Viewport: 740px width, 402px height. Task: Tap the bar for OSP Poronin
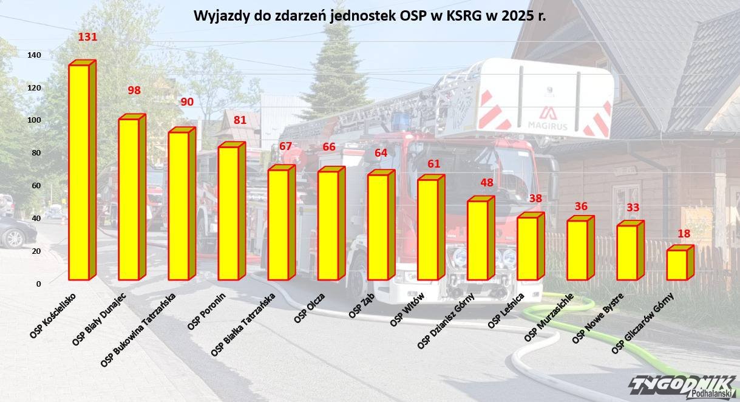tap(229, 213)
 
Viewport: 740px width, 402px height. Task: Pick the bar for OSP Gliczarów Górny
tap(677, 265)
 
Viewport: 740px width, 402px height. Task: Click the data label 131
tap(88, 37)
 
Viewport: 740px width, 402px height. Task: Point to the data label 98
tap(134, 90)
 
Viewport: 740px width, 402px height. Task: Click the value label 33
tap(633, 208)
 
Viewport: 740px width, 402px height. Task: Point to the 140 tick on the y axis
tap(34, 55)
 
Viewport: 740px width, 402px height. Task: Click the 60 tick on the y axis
tap(36, 186)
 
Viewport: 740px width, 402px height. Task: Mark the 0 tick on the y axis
tap(38, 284)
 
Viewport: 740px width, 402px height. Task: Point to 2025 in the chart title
tap(515, 16)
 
